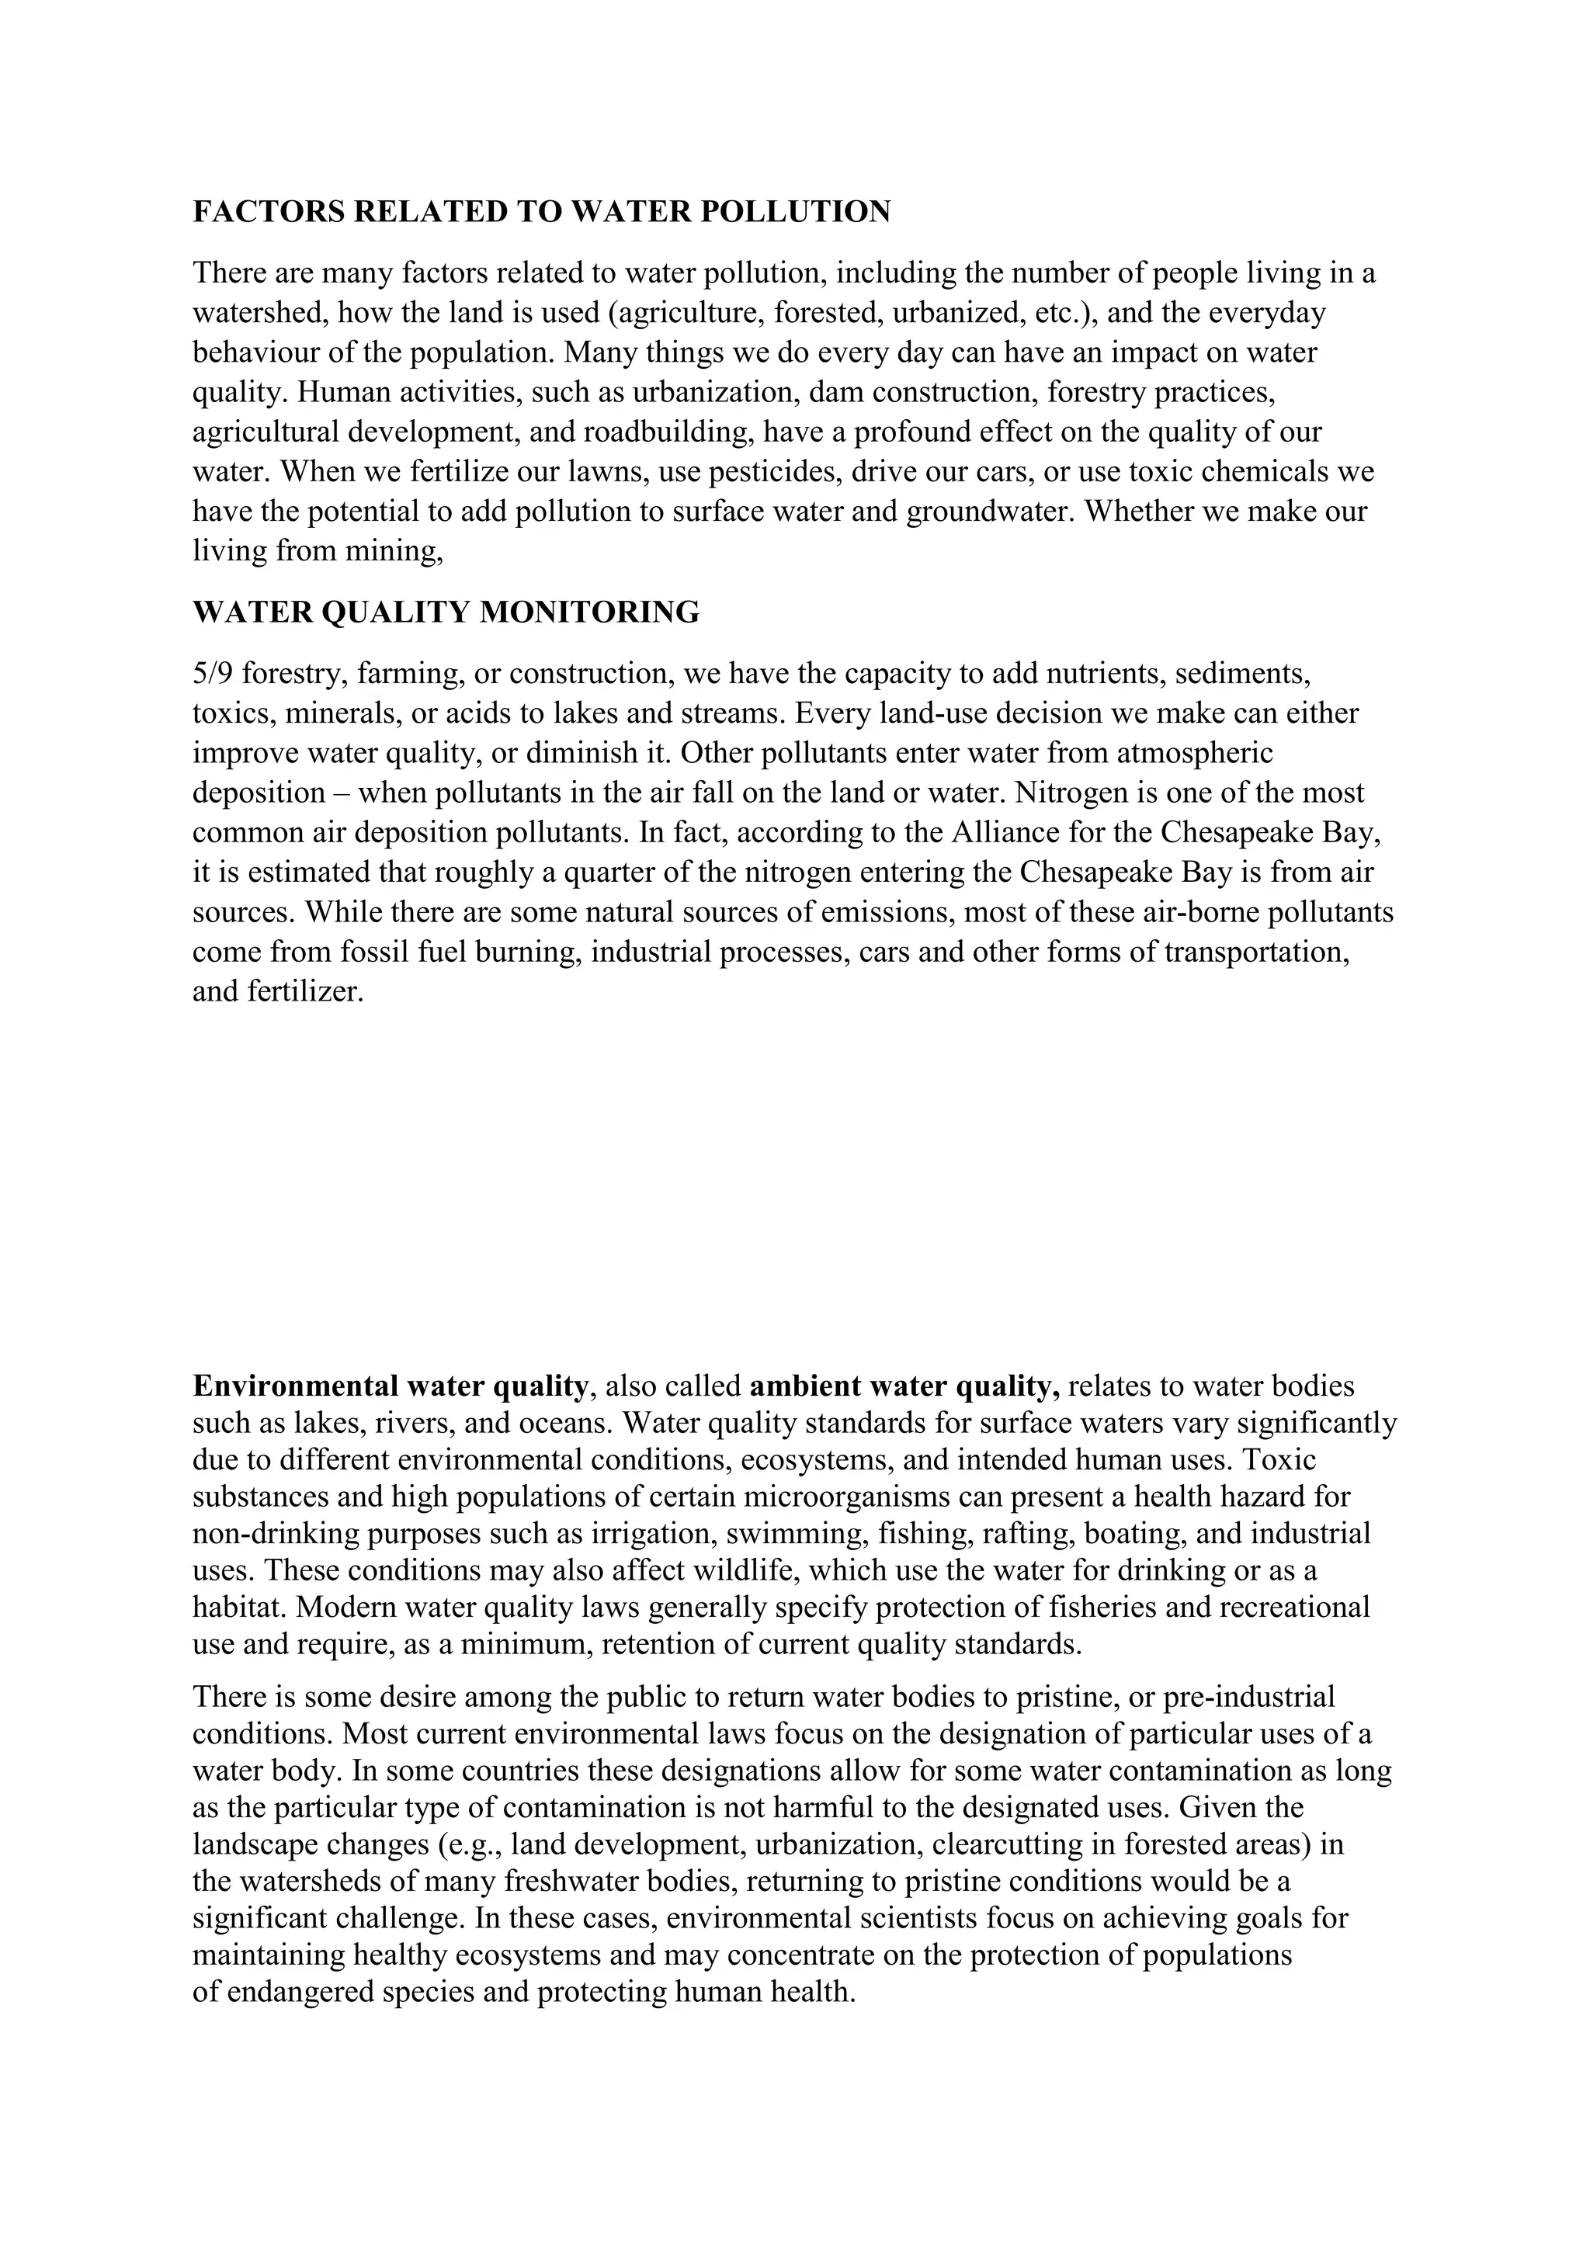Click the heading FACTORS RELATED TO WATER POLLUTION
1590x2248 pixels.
tap(541, 211)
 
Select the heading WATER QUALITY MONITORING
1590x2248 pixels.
tap(446, 613)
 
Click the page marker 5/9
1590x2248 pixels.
tap(211, 674)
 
